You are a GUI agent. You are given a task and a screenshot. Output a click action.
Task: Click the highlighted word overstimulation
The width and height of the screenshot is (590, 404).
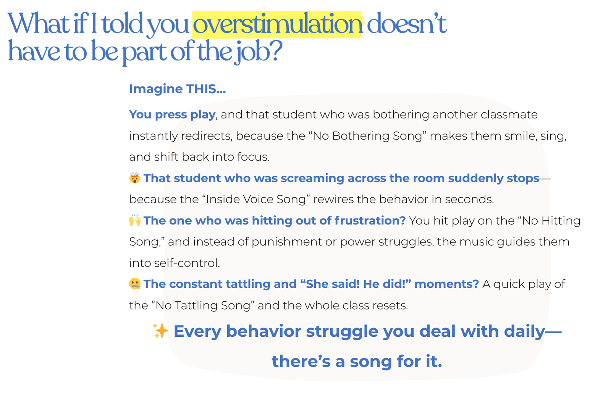278,24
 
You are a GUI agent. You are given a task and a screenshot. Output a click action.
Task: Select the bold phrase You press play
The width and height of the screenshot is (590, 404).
172,115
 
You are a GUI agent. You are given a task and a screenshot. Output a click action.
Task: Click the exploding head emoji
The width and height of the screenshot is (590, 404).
134,178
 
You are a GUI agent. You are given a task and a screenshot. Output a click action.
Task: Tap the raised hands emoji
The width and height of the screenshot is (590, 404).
134,221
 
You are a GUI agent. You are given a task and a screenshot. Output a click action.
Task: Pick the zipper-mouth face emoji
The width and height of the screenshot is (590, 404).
134,284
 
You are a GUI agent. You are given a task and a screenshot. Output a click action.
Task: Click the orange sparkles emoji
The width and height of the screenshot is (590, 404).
160,331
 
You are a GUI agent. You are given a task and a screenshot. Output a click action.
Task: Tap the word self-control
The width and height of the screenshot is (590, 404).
187,263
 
